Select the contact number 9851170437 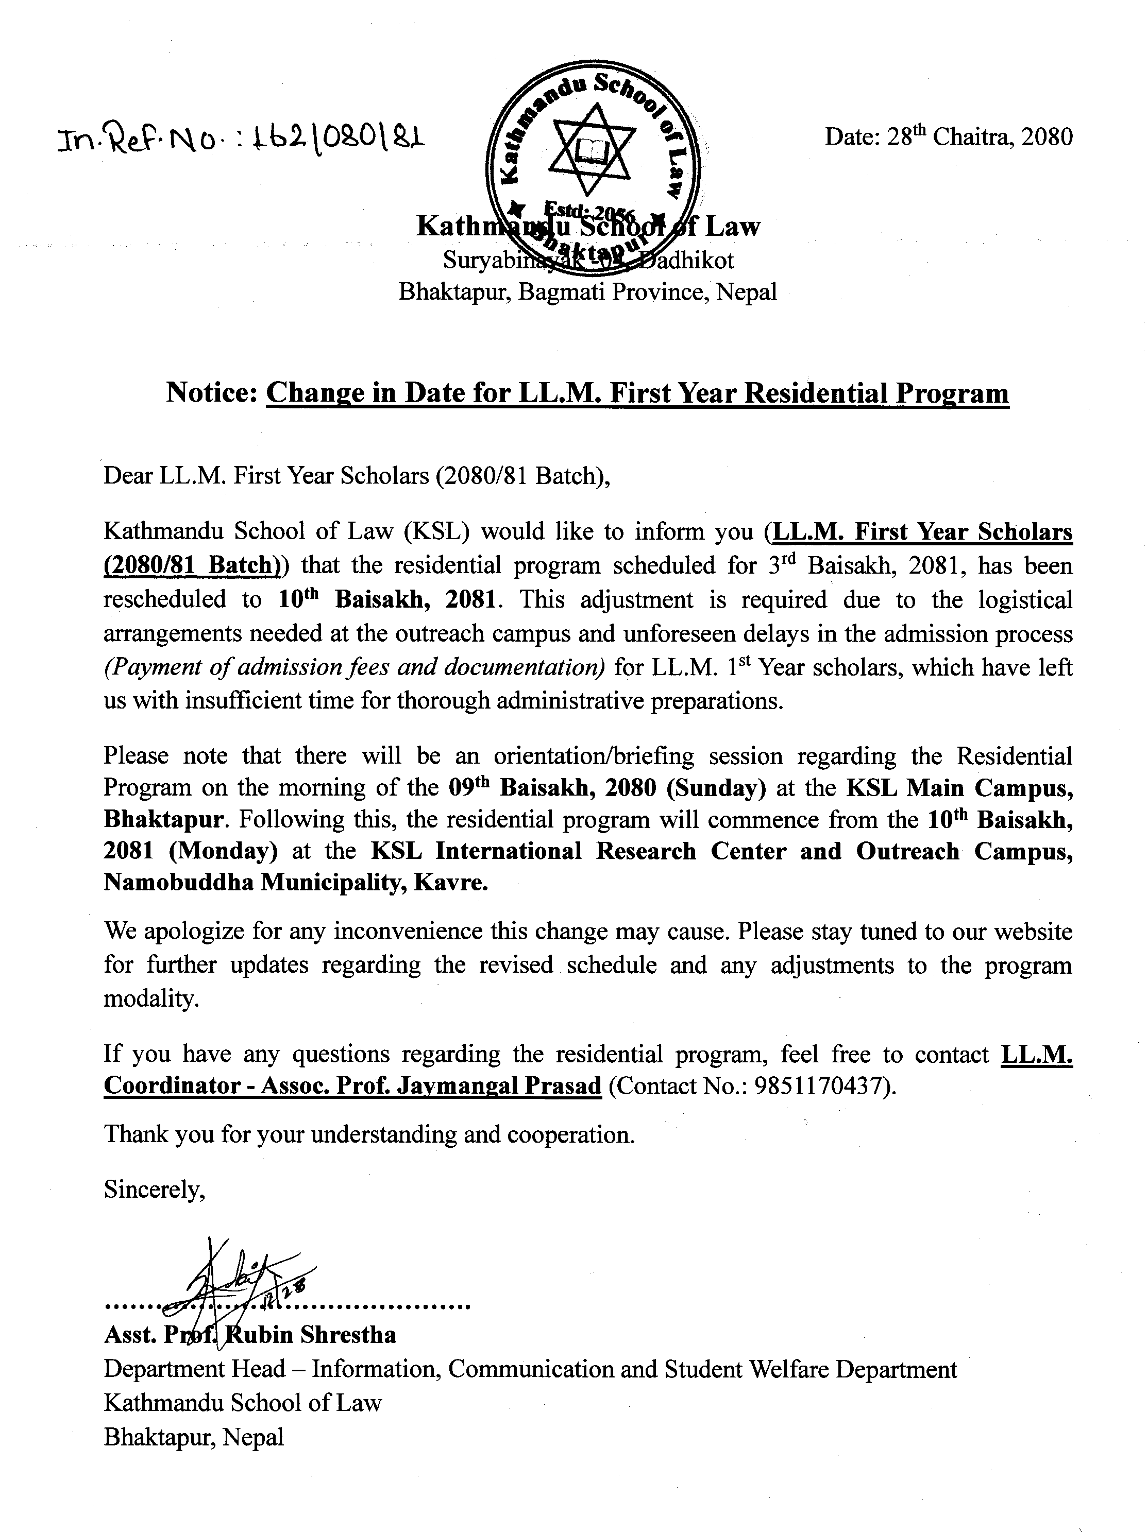click(x=821, y=1085)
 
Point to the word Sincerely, click(x=154, y=1190)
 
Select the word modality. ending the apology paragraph click(x=150, y=998)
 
